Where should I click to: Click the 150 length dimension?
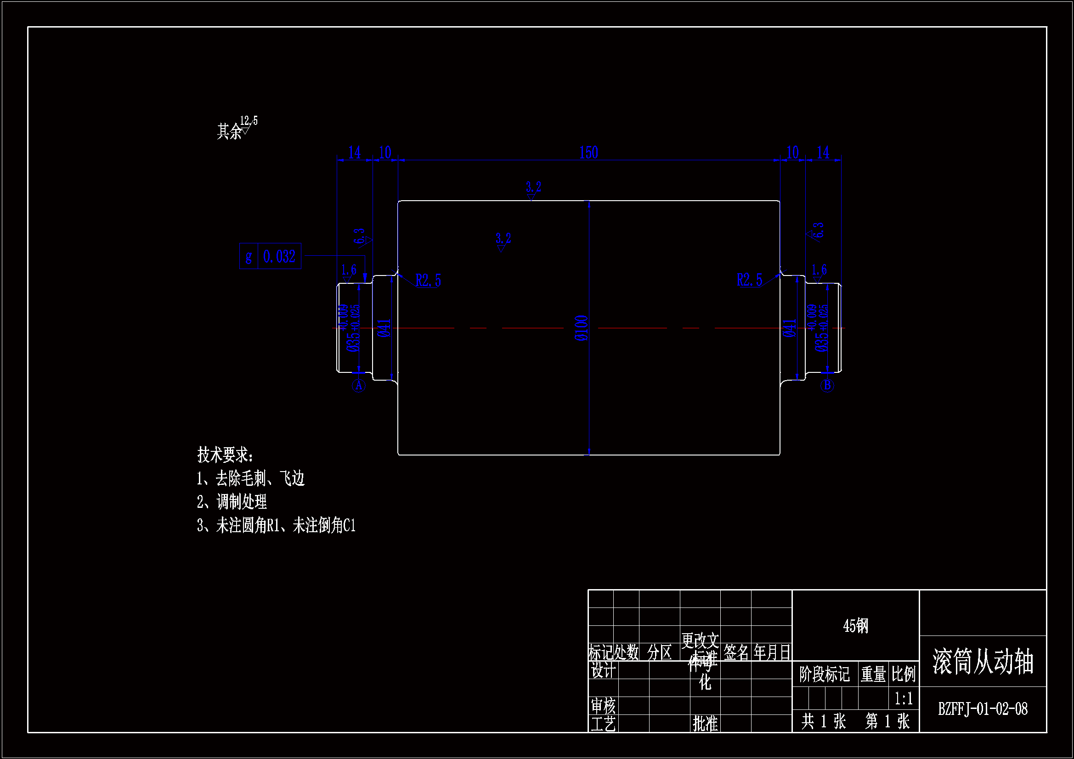click(x=588, y=152)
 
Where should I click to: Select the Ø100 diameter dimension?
click(x=581, y=328)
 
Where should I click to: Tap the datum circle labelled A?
click(x=358, y=386)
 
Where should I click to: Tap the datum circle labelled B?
click(x=827, y=386)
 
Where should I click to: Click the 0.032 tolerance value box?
click(x=279, y=256)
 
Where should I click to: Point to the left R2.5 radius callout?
click(x=428, y=281)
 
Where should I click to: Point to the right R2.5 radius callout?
click(x=749, y=280)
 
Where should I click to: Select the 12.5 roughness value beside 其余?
click(x=249, y=121)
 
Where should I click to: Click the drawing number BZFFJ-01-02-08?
click(x=982, y=709)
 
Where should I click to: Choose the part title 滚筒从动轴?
click(x=982, y=661)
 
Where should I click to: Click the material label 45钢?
click(x=855, y=626)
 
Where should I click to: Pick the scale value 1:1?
click(x=903, y=699)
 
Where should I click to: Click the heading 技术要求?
click(x=225, y=455)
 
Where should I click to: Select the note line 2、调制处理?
click(x=232, y=502)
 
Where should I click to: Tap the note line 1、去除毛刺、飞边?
click(x=251, y=478)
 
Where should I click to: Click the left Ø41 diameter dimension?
click(x=384, y=328)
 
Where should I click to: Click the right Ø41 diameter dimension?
click(x=790, y=328)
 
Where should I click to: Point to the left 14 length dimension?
click(x=355, y=152)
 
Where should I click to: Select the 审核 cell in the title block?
click(x=603, y=705)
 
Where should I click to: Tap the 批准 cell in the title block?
click(x=705, y=724)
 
